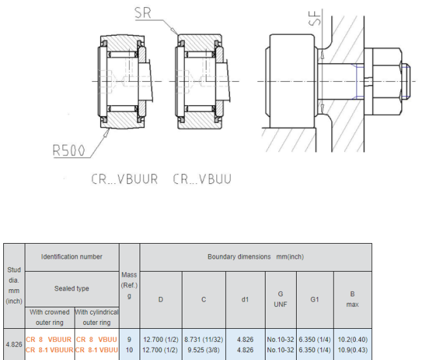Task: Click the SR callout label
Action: point(143,13)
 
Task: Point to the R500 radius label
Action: point(69,150)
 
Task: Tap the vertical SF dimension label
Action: point(315,18)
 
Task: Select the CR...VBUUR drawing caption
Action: point(125,179)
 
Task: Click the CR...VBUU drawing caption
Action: point(202,179)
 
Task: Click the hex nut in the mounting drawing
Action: point(387,81)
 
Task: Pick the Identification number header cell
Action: point(72,257)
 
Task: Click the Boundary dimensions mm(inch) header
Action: point(256,257)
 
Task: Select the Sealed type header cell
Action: point(72,289)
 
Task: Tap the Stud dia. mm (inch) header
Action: point(14,286)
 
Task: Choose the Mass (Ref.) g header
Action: point(129,285)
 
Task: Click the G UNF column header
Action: point(280,300)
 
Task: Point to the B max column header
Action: point(353,300)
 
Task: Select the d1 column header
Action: point(245,300)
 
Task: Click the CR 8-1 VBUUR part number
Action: point(49,350)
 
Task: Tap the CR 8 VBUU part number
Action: point(97,339)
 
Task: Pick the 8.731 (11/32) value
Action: point(204,339)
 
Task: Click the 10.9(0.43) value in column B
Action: point(353,350)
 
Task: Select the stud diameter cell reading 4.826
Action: point(14,344)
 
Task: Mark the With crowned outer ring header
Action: point(49,317)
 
